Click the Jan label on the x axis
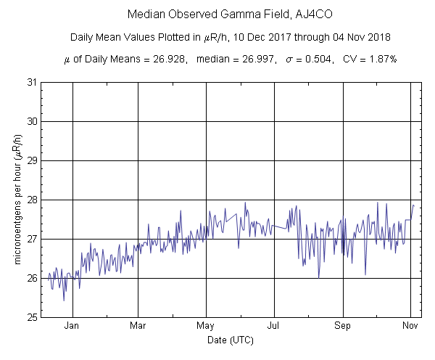72,326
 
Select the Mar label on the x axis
138,326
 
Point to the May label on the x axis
206,326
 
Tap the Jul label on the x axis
275,326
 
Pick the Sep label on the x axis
343,326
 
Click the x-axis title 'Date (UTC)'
229,339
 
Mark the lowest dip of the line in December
64,300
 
